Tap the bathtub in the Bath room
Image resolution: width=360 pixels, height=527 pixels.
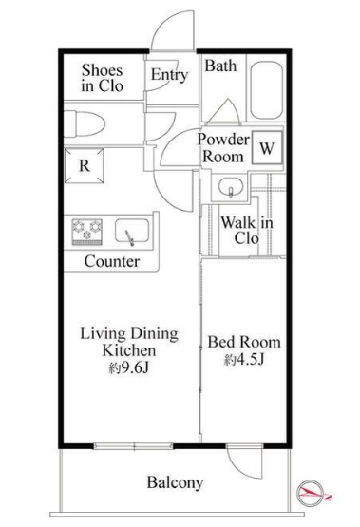click(x=266, y=90)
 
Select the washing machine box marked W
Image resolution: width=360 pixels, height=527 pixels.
click(x=267, y=147)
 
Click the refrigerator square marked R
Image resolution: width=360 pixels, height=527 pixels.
click(x=84, y=165)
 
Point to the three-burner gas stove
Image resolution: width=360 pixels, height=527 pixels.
click(x=86, y=232)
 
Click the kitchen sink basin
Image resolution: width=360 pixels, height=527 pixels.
click(x=132, y=231)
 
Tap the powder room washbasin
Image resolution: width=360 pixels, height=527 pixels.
click(x=231, y=187)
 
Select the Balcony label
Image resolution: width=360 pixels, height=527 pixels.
click(x=175, y=482)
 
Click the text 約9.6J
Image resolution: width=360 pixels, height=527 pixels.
click(x=129, y=368)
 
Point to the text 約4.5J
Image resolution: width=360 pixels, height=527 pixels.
click(x=244, y=360)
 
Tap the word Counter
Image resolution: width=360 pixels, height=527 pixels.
click(x=112, y=261)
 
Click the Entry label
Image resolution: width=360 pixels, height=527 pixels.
click(x=169, y=75)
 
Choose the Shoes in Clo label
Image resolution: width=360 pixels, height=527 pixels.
click(x=103, y=78)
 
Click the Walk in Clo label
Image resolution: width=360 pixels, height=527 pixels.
click(x=247, y=231)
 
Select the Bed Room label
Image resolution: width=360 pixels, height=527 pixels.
click(x=244, y=342)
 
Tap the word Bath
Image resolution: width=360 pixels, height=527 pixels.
click(x=220, y=66)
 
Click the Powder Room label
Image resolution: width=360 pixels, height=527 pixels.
click(x=223, y=148)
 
